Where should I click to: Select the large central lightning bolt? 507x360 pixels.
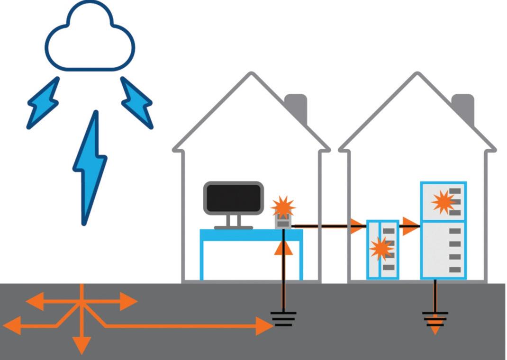[91, 166]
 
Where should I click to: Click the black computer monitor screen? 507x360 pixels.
[233, 198]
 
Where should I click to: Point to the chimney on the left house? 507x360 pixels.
[297, 107]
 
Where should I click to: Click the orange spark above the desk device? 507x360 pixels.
[283, 207]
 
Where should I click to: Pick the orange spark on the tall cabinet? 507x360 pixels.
[443, 201]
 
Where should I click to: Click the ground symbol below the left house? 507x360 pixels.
[283, 317]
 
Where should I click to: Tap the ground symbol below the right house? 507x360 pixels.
[435, 316]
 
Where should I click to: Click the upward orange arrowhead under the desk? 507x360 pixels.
[283, 248]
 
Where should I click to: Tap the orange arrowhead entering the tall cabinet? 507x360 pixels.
[410, 226]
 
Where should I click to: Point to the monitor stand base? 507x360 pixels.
[233, 227]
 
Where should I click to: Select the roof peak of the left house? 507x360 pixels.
[251, 75]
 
